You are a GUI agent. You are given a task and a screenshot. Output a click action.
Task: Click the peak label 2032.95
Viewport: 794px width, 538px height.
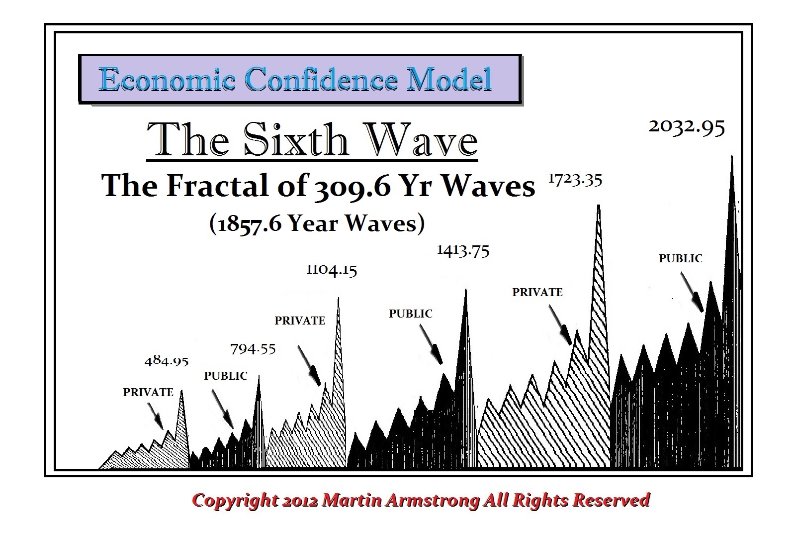click(687, 127)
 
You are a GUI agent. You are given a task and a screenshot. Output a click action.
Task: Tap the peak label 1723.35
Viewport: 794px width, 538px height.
click(575, 180)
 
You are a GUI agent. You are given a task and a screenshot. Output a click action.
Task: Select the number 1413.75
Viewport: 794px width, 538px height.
click(463, 250)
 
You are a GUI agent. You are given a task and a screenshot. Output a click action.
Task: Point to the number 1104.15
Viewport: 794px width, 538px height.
click(332, 270)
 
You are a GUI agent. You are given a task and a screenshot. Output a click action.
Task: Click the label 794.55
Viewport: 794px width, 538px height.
click(253, 349)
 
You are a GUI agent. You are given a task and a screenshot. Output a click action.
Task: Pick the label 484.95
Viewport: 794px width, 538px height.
click(167, 360)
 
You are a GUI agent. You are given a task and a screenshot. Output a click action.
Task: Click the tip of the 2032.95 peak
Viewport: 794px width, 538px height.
click(731, 156)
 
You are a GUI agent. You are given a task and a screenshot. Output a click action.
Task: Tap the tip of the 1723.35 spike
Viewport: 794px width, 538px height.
click(599, 206)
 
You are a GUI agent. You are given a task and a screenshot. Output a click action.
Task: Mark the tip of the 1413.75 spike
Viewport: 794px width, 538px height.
click(466, 290)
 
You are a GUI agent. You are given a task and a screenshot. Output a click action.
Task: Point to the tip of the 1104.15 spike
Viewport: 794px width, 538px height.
click(338, 298)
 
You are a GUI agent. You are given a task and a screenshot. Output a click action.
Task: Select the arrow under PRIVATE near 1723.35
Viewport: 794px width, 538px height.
click(560, 324)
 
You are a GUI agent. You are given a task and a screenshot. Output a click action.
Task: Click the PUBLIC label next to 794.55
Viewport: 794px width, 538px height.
click(226, 376)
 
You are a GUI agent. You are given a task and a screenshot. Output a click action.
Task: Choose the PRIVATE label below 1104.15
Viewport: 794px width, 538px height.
click(300, 321)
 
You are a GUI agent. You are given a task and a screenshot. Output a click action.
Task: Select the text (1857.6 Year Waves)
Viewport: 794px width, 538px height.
click(317, 223)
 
